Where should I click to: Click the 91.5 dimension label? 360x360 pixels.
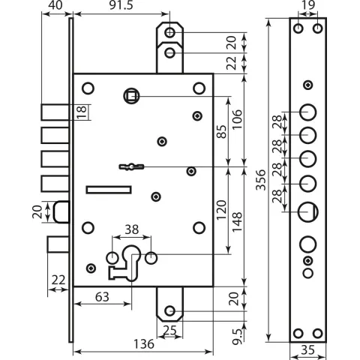click(121, 5)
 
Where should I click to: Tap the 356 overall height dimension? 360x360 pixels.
click(261, 180)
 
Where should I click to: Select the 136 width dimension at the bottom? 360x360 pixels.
click(144, 344)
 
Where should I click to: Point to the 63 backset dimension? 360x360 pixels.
click(102, 297)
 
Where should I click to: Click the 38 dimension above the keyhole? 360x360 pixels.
click(131, 229)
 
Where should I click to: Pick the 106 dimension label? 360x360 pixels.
click(237, 119)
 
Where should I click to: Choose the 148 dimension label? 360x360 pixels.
click(237, 222)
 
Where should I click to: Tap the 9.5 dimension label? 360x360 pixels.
click(237, 337)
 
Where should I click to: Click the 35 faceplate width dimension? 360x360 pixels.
click(307, 350)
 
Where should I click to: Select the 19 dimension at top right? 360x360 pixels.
click(308, 5)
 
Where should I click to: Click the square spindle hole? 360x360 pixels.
click(131, 96)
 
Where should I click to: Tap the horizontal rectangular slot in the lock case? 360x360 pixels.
click(109, 190)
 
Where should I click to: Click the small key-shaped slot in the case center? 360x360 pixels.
click(131, 166)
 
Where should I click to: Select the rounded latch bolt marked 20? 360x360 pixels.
click(61, 211)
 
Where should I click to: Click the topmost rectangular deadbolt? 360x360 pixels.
click(55, 112)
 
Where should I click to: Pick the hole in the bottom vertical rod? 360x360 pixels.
click(170, 311)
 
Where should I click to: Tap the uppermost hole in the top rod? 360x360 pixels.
click(170, 32)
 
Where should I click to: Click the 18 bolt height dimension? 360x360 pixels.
click(82, 112)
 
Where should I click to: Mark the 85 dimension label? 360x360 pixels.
click(221, 131)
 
